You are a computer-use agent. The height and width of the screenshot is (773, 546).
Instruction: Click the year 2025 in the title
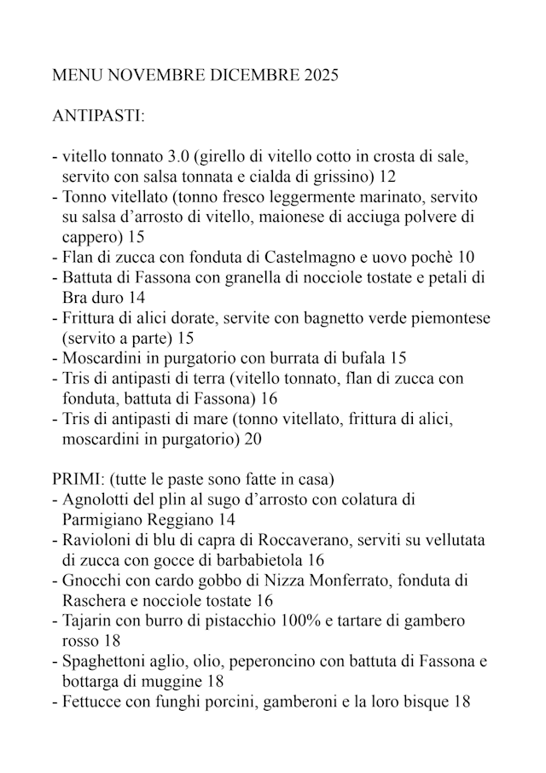321,76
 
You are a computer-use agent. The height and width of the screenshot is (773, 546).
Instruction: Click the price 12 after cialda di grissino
387,177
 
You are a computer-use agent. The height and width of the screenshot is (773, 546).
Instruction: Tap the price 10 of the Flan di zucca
465,256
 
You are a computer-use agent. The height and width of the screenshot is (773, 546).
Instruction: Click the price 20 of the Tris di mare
252,439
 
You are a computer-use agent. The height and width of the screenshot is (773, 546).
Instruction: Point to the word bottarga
93,681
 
